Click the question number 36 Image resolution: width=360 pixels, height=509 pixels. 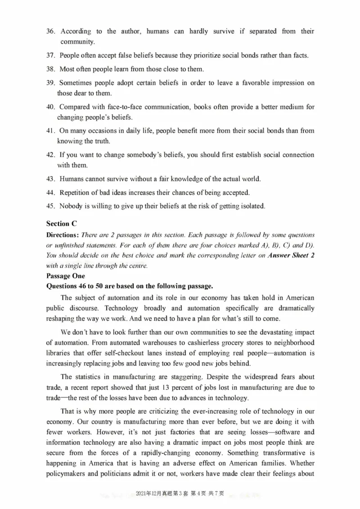click(x=51, y=31)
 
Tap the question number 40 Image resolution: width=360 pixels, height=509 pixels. click(x=51, y=107)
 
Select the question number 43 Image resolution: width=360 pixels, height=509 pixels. click(x=51, y=179)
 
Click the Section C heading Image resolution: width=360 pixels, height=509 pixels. click(x=58, y=224)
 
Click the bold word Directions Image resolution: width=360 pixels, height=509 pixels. click(x=62, y=235)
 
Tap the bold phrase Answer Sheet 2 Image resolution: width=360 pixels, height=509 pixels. click(x=291, y=256)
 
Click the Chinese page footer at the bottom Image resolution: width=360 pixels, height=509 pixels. click(x=180, y=494)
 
